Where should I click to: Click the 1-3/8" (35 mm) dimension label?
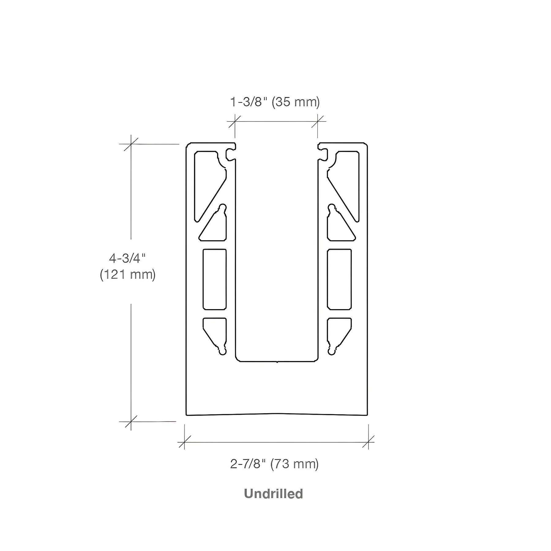tap(275, 102)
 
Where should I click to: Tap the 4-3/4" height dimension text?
tap(127, 259)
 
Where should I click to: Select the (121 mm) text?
tap(128, 275)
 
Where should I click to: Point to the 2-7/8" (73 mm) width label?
tap(274, 464)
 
